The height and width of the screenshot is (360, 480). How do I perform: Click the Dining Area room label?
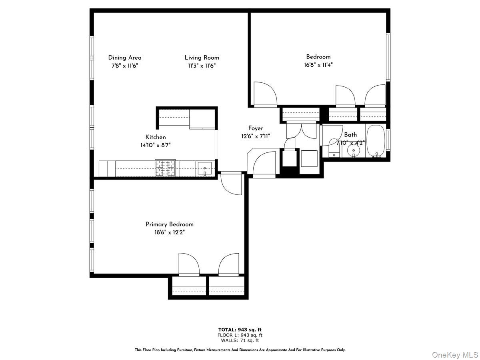(124, 58)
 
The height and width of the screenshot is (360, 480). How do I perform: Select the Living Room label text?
(202, 58)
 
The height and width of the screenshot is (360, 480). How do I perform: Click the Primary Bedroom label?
(169, 224)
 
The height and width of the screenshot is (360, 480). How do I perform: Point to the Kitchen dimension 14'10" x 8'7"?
(156, 145)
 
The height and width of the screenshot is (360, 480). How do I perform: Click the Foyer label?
(256, 128)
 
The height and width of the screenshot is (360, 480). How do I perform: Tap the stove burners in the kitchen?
(166, 168)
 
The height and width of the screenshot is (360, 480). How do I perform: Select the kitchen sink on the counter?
(205, 168)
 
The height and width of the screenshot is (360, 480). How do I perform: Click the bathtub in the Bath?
(376, 142)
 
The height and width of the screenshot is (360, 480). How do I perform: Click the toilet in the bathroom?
(334, 148)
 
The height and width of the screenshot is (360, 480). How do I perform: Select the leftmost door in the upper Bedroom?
(264, 94)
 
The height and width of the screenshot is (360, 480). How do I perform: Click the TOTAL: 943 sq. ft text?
(240, 330)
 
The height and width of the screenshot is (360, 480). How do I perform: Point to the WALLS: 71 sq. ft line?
(240, 340)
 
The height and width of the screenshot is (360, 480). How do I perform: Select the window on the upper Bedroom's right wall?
(388, 57)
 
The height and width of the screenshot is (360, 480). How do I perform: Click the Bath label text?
(350, 135)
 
